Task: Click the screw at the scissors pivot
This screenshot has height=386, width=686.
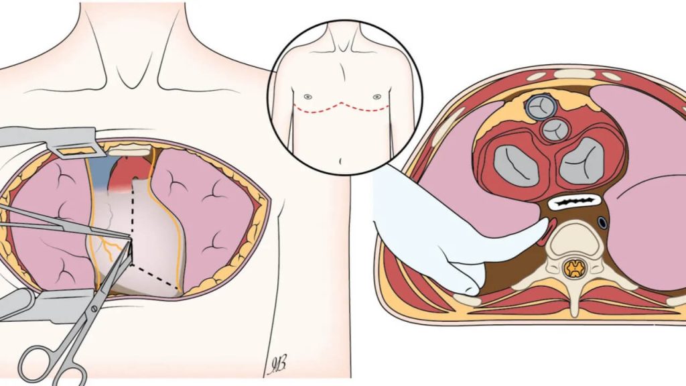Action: (93, 308)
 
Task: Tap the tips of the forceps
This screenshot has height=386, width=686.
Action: (129, 237)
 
